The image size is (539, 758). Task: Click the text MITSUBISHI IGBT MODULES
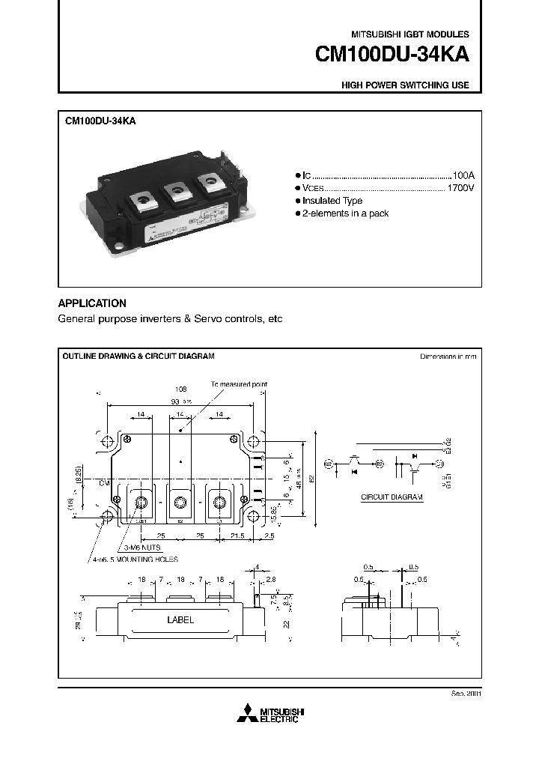[410, 35]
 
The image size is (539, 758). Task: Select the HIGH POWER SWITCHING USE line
[405, 85]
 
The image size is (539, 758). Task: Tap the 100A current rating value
[463, 174]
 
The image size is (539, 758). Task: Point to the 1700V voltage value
[460, 187]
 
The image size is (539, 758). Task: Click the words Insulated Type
[332, 201]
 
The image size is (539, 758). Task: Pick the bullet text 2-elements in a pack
[345, 214]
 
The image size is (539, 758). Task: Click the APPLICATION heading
[92, 303]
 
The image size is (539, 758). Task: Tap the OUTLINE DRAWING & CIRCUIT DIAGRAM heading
[138, 357]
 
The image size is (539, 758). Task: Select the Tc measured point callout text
[239, 383]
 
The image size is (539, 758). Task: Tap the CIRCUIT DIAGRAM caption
[392, 497]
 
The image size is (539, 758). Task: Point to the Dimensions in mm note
[448, 357]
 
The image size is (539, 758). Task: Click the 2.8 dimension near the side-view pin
[271, 580]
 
